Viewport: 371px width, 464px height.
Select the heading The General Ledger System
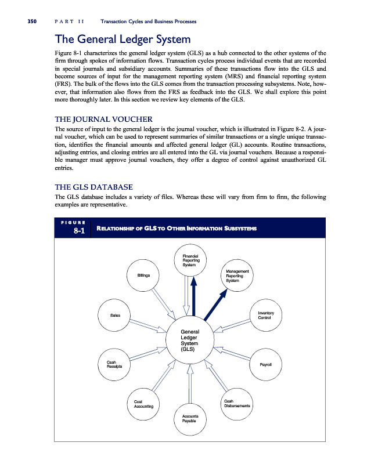[x=122, y=40]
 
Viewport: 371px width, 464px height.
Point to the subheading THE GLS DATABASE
[x=93, y=187]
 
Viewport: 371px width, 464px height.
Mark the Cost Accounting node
[x=143, y=404]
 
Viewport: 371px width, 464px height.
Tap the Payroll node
[x=266, y=364]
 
